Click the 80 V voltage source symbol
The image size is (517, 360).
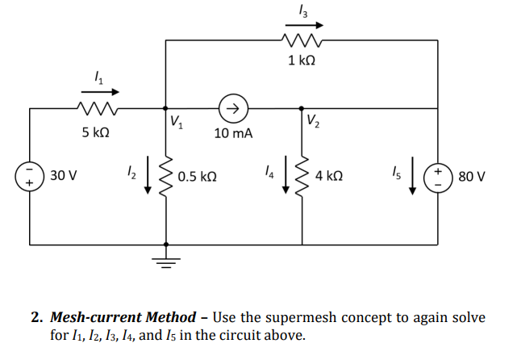pos(438,176)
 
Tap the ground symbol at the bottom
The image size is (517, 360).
pos(166,260)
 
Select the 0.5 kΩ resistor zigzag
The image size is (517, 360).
pos(167,175)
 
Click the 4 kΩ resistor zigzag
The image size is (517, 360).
pos(303,175)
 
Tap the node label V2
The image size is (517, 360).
pos(314,123)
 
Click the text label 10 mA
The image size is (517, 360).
pos(233,132)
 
